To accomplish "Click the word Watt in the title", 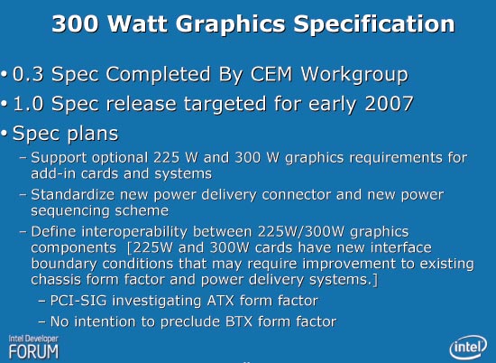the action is point(138,23).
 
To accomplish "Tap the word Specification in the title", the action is point(374,24).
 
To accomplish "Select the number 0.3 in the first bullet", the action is point(28,74).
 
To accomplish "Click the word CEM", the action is point(271,74).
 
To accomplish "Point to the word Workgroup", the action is point(354,75).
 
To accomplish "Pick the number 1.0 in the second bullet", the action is point(28,104).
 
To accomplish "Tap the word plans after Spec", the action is point(93,134).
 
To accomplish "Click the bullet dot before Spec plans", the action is point(4,134).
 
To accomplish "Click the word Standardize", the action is point(72,194).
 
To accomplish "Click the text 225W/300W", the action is point(300,232).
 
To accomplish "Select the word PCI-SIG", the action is point(78,301).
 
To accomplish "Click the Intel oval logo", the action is point(468,347).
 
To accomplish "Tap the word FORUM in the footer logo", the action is point(34,351).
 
